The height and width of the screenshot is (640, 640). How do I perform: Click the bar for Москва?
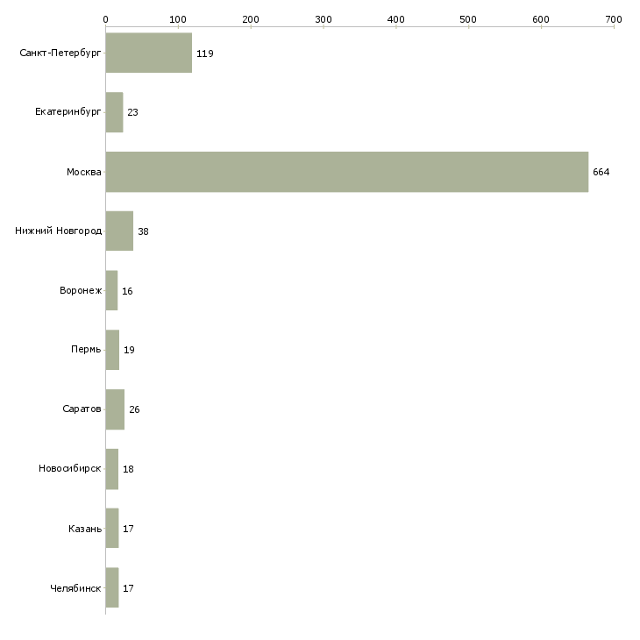[x=347, y=172]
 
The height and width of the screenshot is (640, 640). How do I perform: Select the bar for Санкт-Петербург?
[x=148, y=53]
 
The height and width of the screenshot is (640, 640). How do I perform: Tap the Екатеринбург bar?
[x=114, y=112]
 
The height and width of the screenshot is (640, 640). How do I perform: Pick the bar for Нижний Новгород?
[x=119, y=231]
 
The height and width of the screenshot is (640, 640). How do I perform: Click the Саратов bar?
[x=115, y=409]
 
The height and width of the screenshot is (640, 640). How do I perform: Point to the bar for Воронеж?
[x=111, y=290]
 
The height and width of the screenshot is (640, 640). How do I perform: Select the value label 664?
[x=601, y=172]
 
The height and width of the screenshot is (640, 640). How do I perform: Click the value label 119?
[x=205, y=53]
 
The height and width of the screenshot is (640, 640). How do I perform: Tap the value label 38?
[x=143, y=231]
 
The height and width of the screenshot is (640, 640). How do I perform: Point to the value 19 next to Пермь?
[x=129, y=350]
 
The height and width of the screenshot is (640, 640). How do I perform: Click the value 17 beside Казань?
[x=128, y=529]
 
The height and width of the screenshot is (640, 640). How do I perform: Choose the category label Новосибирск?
[x=70, y=468]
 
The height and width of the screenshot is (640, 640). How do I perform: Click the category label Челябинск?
[x=75, y=588]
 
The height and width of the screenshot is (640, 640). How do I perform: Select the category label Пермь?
[x=86, y=350]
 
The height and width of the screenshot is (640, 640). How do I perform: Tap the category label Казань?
[x=85, y=529]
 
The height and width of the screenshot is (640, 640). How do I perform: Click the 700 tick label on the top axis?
[x=614, y=19]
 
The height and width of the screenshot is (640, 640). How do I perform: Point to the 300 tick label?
[x=324, y=19]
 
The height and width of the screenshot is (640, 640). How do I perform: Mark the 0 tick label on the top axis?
[x=106, y=19]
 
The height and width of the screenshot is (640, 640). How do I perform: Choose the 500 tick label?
[x=468, y=19]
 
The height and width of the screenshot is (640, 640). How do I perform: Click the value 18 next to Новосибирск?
[x=128, y=469]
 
